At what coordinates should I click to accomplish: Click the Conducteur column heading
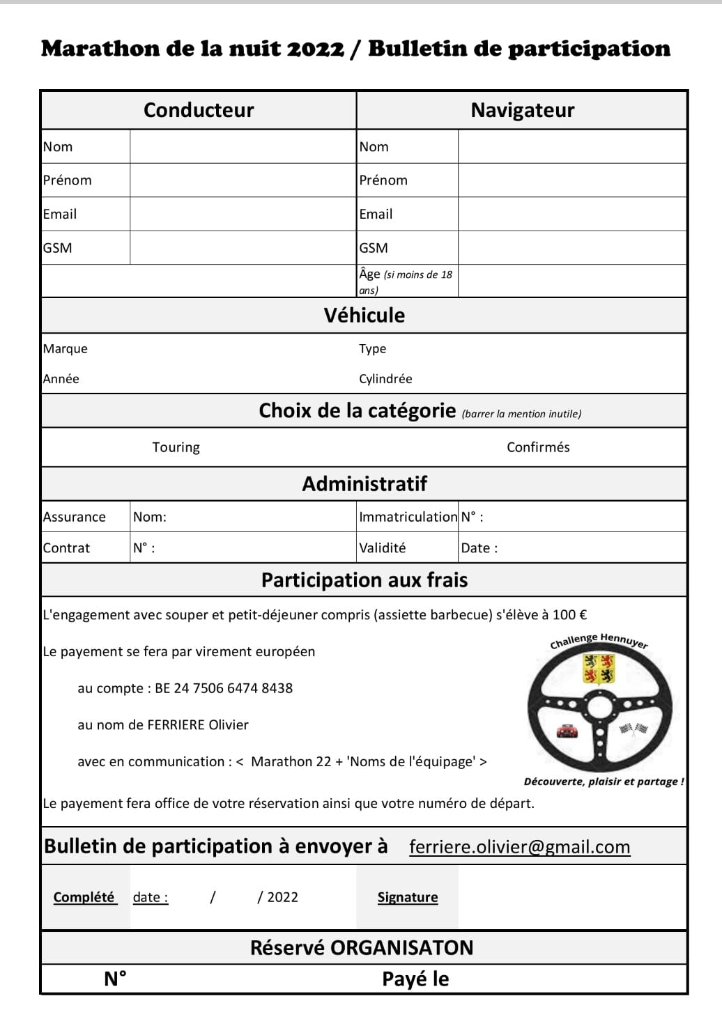[x=199, y=110]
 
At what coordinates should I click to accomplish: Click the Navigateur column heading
[x=522, y=110]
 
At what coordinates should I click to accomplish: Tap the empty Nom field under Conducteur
[x=243, y=146]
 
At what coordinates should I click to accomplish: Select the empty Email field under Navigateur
[x=571, y=214]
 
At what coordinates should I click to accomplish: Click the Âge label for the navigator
[x=370, y=274]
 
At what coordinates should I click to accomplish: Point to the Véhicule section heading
[x=364, y=316]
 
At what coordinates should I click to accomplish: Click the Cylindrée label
[x=385, y=379]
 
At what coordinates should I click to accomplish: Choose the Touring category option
[x=176, y=447]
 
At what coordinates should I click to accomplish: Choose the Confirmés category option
[x=538, y=447]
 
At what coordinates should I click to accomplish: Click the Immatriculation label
[x=408, y=517]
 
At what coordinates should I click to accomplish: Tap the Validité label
[x=382, y=548]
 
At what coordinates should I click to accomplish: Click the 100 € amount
[x=569, y=615]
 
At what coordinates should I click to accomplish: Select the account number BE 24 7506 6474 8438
[x=224, y=688]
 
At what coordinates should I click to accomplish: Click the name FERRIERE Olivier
[x=198, y=725]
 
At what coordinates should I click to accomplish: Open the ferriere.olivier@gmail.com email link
[x=519, y=847]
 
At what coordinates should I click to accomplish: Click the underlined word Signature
[x=408, y=897]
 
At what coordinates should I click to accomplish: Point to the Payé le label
[x=415, y=979]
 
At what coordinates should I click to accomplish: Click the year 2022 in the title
[x=316, y=49]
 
